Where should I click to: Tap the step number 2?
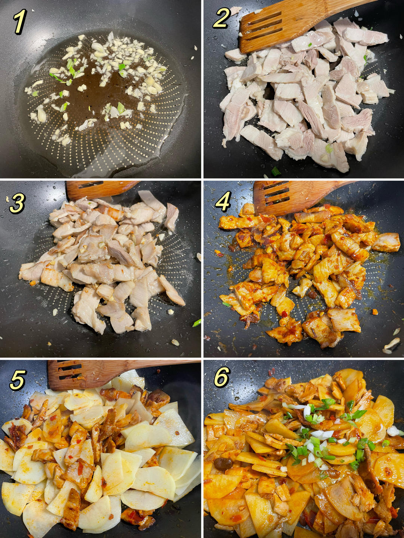221,19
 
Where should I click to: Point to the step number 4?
223,201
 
